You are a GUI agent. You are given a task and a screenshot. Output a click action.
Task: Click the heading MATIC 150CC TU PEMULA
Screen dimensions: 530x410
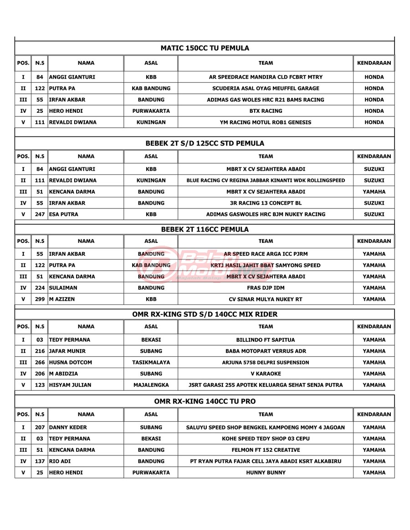(205, 48)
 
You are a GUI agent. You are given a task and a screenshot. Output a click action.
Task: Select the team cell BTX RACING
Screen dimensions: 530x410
(266, 111)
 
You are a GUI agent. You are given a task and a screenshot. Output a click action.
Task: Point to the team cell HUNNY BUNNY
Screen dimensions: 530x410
(266, 473)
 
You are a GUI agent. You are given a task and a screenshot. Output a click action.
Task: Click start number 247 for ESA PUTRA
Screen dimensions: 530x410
(40, 214)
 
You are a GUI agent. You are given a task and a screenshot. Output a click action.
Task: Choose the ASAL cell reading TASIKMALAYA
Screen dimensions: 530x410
(151, 363)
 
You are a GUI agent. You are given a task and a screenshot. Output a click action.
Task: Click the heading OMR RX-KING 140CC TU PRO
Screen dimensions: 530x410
(205, 401)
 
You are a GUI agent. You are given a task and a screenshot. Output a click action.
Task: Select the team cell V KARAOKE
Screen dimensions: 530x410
(266, 374)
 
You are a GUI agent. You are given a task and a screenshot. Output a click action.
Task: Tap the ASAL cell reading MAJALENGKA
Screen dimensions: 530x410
(151, 385)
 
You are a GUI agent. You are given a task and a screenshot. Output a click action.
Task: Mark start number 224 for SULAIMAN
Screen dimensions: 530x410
(40, 288)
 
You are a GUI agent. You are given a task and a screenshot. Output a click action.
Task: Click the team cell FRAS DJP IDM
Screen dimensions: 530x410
(266, 288)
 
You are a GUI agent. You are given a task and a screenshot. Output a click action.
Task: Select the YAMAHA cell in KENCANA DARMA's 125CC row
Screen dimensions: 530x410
(374, 192)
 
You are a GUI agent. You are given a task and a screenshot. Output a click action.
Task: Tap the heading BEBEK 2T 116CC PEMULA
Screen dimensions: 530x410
(205, 229)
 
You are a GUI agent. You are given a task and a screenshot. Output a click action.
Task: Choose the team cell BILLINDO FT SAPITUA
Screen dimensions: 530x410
(266, 340)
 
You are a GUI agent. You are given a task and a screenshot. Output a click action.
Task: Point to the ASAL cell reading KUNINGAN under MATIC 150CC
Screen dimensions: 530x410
(151, 122)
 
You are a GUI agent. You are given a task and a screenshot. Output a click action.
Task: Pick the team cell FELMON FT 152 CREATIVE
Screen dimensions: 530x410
(266, 450)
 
